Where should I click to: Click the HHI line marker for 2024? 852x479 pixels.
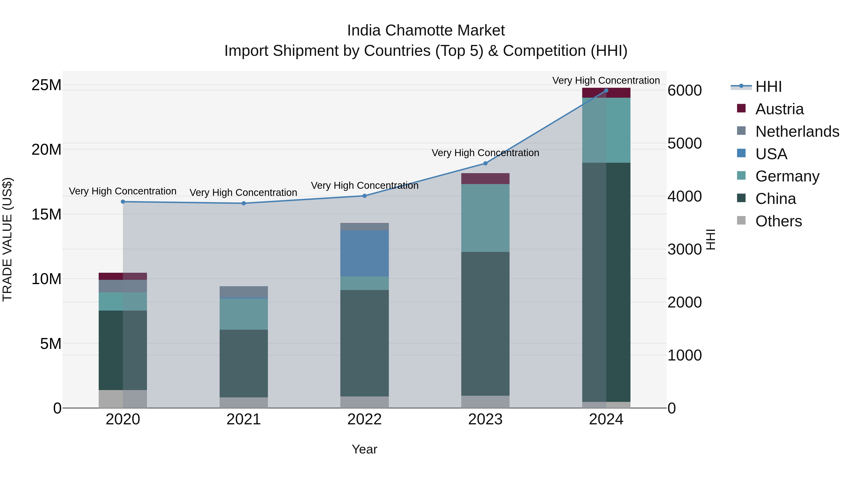(606, 90)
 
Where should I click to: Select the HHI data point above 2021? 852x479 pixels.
(244, 203)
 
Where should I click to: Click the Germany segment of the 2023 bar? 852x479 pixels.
(485, 218)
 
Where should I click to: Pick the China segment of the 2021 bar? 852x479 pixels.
(244, 363)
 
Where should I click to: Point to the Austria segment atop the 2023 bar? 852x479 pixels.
(485, 179)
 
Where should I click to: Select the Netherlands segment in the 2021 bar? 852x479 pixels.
(244, 292)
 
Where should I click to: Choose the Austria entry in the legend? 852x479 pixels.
(779, 109)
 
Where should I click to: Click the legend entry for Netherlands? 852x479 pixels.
(797, 132)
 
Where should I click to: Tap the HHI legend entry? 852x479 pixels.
(768, 87)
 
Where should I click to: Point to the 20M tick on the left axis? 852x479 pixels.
(46, 150)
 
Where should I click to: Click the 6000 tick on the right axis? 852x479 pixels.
(684, 91)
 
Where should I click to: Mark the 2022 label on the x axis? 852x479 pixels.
(364, 419)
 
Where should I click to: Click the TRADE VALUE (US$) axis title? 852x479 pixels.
(7, 239)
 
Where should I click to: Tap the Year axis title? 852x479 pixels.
(364, 449)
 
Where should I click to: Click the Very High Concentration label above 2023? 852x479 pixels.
(485, 153)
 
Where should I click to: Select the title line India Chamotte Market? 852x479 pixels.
(426, 31)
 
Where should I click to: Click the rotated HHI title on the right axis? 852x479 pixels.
(711, 239)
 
